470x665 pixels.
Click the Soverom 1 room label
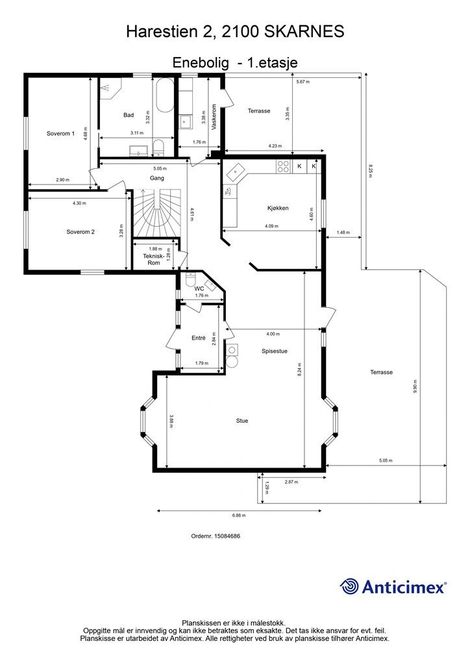60,134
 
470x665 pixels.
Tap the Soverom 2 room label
80,232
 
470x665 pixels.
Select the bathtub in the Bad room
164,95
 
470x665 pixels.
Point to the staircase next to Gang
157,213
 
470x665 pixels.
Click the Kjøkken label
278,208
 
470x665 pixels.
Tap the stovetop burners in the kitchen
283,166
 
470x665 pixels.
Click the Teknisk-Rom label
153,260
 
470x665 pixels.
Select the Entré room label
199,338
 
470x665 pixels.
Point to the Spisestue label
275,351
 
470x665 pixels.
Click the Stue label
242,421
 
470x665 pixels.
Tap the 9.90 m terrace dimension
414,386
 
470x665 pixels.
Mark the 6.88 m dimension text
239,516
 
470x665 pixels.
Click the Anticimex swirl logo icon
349,586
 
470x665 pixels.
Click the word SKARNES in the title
304,31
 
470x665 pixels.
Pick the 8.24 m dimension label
300,370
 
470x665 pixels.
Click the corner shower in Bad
110,88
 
